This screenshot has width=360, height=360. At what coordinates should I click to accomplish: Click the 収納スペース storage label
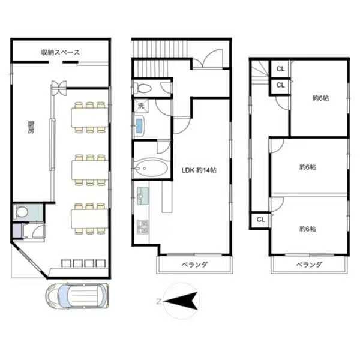click(x=61, y=52)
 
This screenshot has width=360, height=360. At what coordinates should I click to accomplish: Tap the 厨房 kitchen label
click(x=31, y=127)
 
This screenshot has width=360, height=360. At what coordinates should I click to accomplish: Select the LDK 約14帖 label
click(x=199, y=170)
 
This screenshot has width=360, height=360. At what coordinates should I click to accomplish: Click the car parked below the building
click(x=77, y=295)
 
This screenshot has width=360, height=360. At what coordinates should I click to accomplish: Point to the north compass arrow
click(x=181, y=301)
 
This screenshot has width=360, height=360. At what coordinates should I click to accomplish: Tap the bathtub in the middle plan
click(x=151, y=167)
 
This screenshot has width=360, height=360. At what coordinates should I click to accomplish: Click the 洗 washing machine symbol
click(x=141, y=106)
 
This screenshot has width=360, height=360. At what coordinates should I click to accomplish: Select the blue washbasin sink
click(x=140, y=125)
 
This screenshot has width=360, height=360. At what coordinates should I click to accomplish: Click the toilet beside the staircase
click(x=143, y=88)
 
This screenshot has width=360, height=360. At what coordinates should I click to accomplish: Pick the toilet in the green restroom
click(x=21, y=212)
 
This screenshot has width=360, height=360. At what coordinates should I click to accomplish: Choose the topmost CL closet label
click(x=280, y=68)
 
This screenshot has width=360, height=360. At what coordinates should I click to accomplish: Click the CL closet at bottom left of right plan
click(x=261, y=220)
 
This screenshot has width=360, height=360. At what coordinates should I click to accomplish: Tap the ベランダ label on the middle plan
click(x=194, y=265)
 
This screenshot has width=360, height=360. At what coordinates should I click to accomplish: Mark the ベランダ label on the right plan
click(x=308, y=265)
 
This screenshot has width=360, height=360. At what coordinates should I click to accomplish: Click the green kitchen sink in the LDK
click(x=143, y=196)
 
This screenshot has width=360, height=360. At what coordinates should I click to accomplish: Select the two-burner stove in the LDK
click(x=143, y=227)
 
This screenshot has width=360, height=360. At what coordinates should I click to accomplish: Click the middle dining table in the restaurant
click(x=89, y=170)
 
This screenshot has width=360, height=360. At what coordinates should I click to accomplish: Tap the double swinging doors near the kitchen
click(x=59, y=88)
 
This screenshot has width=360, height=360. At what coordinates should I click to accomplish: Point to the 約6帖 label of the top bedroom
click(x=321, y=98)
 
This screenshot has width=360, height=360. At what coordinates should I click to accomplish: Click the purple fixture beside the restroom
click(x=17, y=230)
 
